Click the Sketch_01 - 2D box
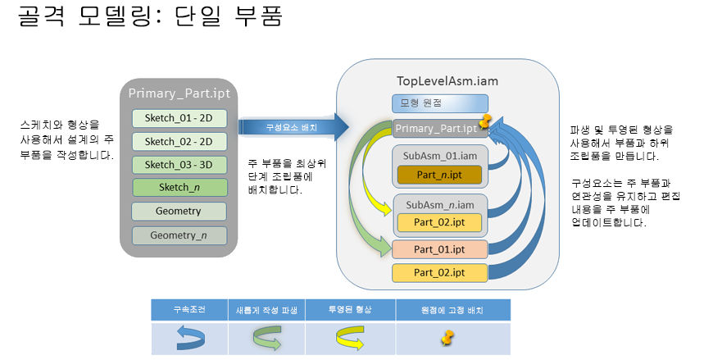pos(179,118)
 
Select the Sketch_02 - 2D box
pos(179,141)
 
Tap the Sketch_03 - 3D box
pos(179,164)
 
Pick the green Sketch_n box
pos(179,188)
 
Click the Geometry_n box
pos(179,235)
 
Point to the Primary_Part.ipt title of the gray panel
pos(179,93)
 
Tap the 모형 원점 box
pos(439,103)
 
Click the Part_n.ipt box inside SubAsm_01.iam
pos(439,175)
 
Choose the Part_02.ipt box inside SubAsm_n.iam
pos(439,222)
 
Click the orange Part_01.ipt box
pos(439,249)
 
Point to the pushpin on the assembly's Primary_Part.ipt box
pos(485,123)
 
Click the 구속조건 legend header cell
pos(189,310)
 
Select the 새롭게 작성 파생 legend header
pos(266,310)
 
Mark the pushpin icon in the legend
pos(447,337)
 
